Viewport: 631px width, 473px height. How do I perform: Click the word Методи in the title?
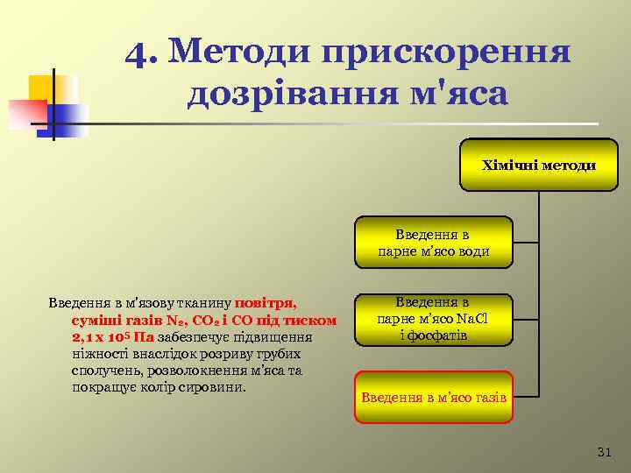click(237, 53)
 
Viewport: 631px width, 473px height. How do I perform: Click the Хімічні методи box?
click(539, 165)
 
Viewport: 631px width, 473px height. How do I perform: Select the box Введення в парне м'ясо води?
click(433, 243)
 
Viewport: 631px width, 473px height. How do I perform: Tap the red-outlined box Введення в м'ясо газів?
click(434, 397)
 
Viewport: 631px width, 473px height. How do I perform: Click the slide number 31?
click(603, 452)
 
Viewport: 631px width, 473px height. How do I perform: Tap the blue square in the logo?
click(72, 118)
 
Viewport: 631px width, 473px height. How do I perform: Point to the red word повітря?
click(266, 304)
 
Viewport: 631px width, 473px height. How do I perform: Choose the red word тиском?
click(312, 321)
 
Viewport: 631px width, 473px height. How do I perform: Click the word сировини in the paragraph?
click(217, 386)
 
